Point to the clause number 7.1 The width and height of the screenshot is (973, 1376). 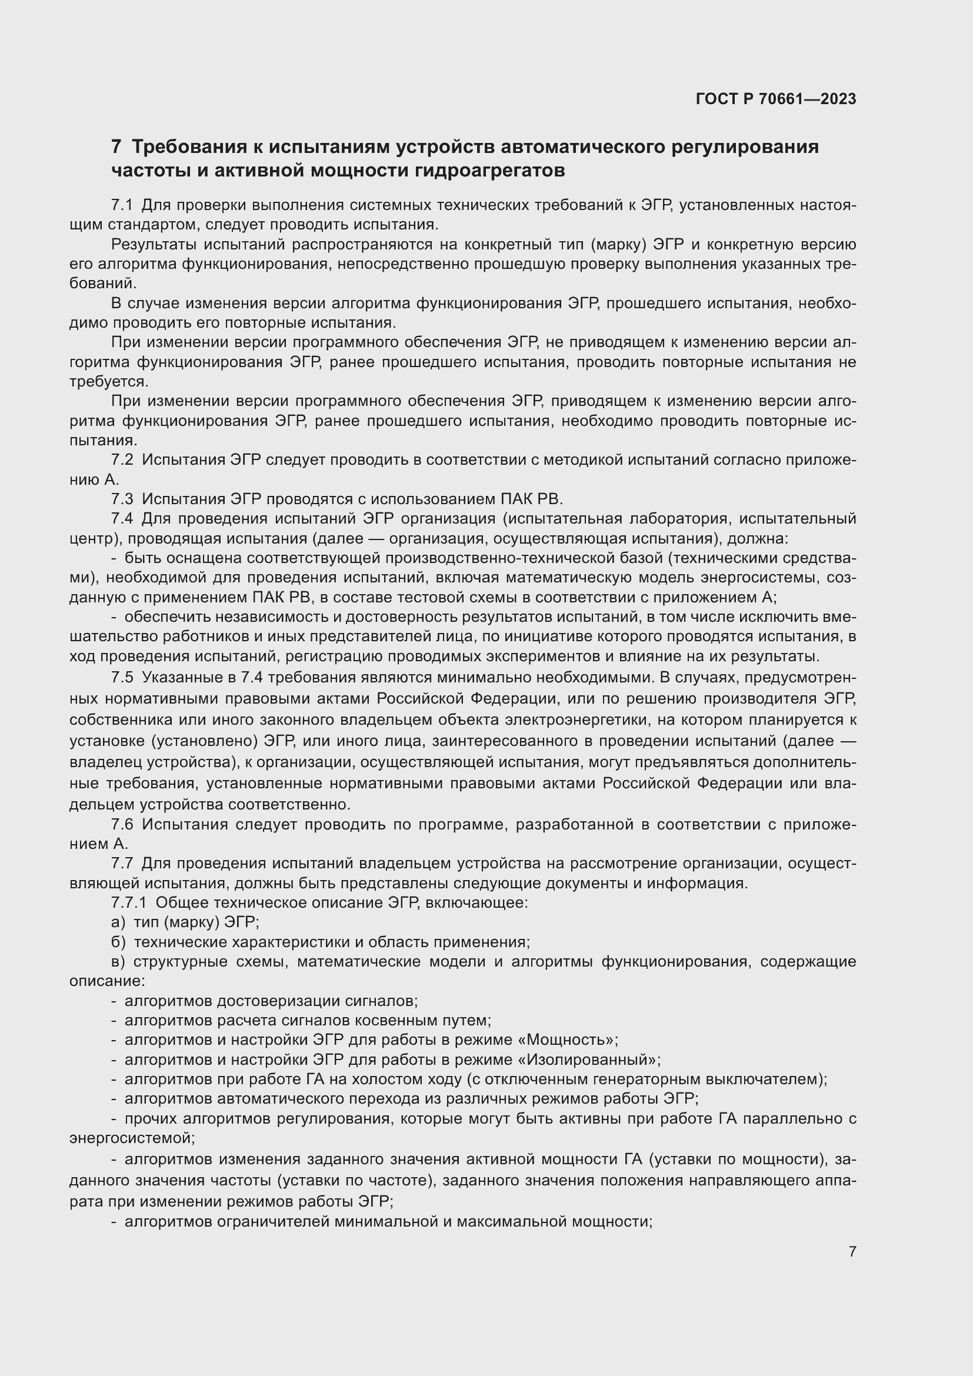tap(122, 205)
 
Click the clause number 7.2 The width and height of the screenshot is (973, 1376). tap(122, 460)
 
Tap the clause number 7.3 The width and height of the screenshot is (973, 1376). tap(122, 499)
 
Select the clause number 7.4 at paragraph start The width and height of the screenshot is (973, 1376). tap(122, 519)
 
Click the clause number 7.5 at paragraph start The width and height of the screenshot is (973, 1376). tap(122, 678)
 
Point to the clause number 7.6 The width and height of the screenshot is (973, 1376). tap(122, 825)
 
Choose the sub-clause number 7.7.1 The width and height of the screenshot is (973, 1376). tap(129, 903)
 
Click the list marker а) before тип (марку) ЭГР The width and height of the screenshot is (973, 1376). tap(118, 922)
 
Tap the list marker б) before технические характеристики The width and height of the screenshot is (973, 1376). tap(118, 942)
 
